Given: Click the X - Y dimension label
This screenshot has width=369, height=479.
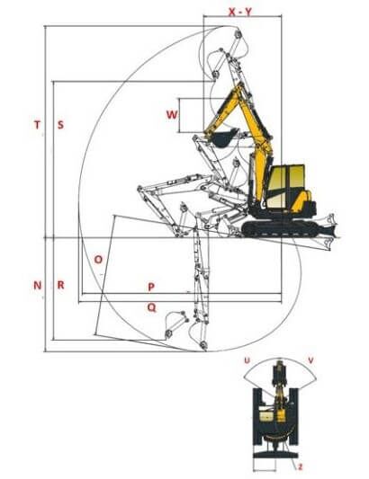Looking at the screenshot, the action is (240, 12).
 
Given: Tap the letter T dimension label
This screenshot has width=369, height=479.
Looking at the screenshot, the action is (37, 125).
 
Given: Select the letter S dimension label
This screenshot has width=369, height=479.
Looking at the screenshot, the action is (60, 125).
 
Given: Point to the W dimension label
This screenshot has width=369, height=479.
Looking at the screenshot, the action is (172, 115).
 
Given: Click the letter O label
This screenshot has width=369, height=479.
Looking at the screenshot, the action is (98, 260).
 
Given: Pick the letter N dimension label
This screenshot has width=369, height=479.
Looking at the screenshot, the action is (37, 285).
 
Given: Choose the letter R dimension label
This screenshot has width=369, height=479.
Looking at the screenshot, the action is (60, 285).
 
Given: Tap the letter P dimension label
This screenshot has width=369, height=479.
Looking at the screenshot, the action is (151, 287).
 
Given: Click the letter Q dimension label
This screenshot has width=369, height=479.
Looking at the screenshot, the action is (151, 307).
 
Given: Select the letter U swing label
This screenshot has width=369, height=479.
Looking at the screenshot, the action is (247, 360).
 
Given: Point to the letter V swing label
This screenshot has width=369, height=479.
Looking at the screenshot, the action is (310, 360).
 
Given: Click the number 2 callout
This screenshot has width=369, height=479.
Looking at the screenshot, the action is (301, 467).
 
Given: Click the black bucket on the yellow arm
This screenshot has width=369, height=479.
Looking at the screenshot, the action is (224, 138).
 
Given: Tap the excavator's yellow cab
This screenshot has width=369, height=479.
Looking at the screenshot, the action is (286, 186).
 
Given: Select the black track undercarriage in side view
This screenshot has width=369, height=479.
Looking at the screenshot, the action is (280, 228).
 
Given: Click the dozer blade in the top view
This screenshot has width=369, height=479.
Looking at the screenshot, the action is (275, 455).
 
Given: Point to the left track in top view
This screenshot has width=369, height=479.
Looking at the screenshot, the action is (257, 417).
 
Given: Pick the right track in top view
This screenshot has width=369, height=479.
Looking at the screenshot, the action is (293, 417).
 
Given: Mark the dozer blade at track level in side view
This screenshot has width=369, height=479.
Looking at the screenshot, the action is (328, 230).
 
